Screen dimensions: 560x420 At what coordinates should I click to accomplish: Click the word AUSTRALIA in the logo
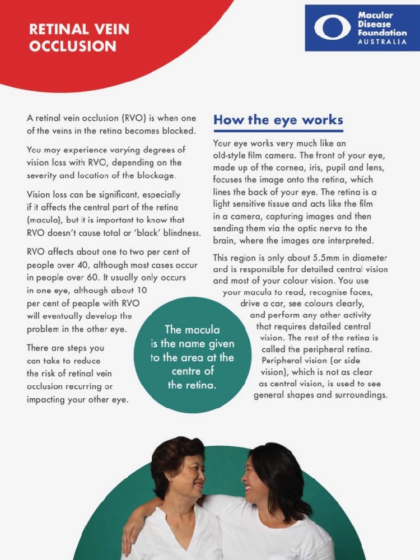click(382, 42)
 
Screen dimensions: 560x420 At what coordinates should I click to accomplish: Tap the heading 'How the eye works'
click(278, 120)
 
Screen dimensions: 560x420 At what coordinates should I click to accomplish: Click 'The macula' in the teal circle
click(192, 330)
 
